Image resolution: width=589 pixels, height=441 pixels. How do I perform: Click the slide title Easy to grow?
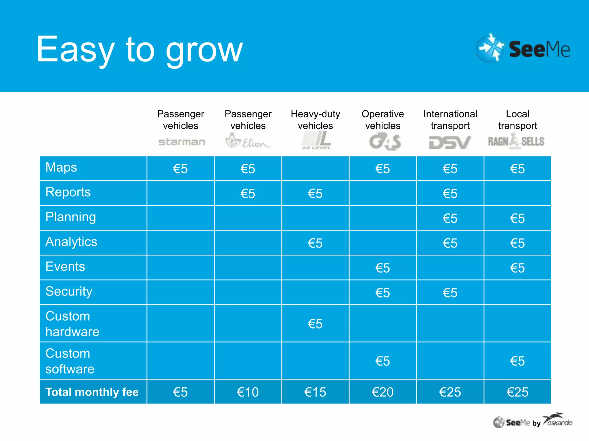point(140,49)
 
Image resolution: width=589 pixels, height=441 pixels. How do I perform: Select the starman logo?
point(181,142)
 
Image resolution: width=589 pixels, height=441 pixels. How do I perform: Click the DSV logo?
point(450,142)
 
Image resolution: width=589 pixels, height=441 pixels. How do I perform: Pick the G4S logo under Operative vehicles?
point(385,142)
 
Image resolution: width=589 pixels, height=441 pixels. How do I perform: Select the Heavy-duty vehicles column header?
point(315,120)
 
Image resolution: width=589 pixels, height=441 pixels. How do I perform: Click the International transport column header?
point(450,120)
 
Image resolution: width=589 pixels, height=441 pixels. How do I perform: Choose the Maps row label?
point(61,167)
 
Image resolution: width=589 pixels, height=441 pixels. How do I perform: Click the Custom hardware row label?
point(72,324)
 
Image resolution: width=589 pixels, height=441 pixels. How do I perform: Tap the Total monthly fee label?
point(92,392)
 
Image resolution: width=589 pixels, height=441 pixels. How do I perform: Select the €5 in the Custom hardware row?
point(315,324)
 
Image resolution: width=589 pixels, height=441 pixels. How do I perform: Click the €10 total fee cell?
point(248,392)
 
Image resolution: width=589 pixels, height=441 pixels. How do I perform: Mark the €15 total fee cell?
point(315,392)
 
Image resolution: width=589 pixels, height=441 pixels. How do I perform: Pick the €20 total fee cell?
point(383,392)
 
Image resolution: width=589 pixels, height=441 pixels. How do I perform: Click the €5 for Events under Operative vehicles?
point(383,268)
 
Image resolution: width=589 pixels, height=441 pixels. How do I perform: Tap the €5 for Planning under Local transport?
point(517,218)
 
